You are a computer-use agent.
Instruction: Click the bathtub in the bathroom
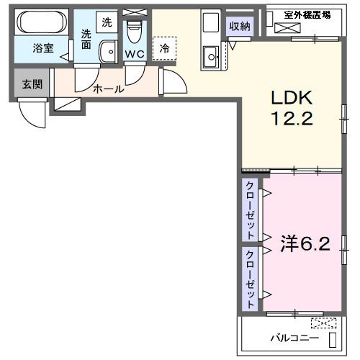pos(42,22)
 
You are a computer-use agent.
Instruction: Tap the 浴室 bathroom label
pos(43,48)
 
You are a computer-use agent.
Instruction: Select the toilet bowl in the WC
pos(135,32)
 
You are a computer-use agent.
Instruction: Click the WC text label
pos(135,54)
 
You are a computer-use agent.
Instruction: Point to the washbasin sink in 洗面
pos(108,52)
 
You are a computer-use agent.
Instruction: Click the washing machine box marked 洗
pos(107,22)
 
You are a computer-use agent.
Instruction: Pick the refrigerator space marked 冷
pos(164,48)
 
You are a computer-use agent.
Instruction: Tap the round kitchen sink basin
pos(212,57)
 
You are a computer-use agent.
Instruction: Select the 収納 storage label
pos(240,26)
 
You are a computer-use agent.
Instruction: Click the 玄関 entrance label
pos(32,84)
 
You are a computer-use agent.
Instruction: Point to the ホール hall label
pos(108,89)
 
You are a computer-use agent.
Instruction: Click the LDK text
pos(292,97)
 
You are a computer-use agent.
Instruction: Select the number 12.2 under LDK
pos(292,118)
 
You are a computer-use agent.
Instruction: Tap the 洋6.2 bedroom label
pos(305,244)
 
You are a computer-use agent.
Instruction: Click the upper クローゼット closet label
pos(250,210)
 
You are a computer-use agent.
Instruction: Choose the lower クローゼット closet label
pos(250,279)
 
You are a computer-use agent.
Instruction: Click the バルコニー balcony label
pos(294,338)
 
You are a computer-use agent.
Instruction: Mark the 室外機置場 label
pos(307,15)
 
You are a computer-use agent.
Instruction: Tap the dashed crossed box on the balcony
pos(323,323)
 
